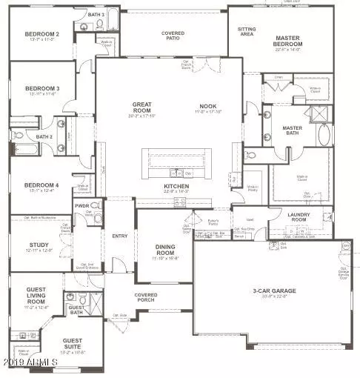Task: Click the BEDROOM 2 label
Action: pos(41,34)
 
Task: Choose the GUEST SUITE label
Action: pos(72,339)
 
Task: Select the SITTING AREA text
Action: pos(246,31)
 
